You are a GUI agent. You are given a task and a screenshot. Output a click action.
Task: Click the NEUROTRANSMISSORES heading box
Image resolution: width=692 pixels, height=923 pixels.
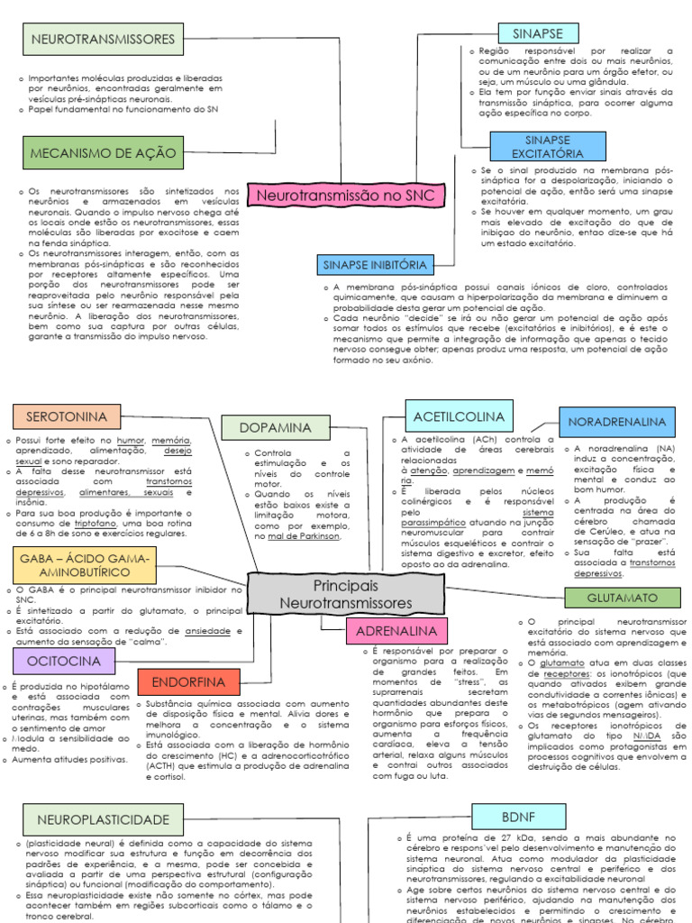(103, 40)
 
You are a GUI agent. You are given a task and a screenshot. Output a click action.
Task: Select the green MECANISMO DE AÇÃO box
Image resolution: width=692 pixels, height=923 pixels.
(103, 153)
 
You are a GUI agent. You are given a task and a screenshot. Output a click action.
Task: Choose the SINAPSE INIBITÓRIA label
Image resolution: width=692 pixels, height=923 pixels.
(374, 265)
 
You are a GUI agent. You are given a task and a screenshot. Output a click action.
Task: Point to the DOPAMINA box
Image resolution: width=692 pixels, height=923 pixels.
(277, 427)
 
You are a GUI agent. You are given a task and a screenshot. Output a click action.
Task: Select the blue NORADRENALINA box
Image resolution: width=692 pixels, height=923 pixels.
(617, 422)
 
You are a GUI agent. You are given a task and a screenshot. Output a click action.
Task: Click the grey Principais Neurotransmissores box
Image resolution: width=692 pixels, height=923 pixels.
(345, 594)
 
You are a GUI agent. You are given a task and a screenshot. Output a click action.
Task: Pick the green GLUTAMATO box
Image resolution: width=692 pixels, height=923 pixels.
(623, 598)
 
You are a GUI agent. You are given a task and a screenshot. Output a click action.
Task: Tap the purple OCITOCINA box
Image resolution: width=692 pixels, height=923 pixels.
(64, 661)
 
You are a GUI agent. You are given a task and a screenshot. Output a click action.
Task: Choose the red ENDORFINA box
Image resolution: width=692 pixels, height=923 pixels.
(188, 681)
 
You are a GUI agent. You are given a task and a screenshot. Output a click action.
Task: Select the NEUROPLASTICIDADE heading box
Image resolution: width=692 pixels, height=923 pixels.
(103, 819)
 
